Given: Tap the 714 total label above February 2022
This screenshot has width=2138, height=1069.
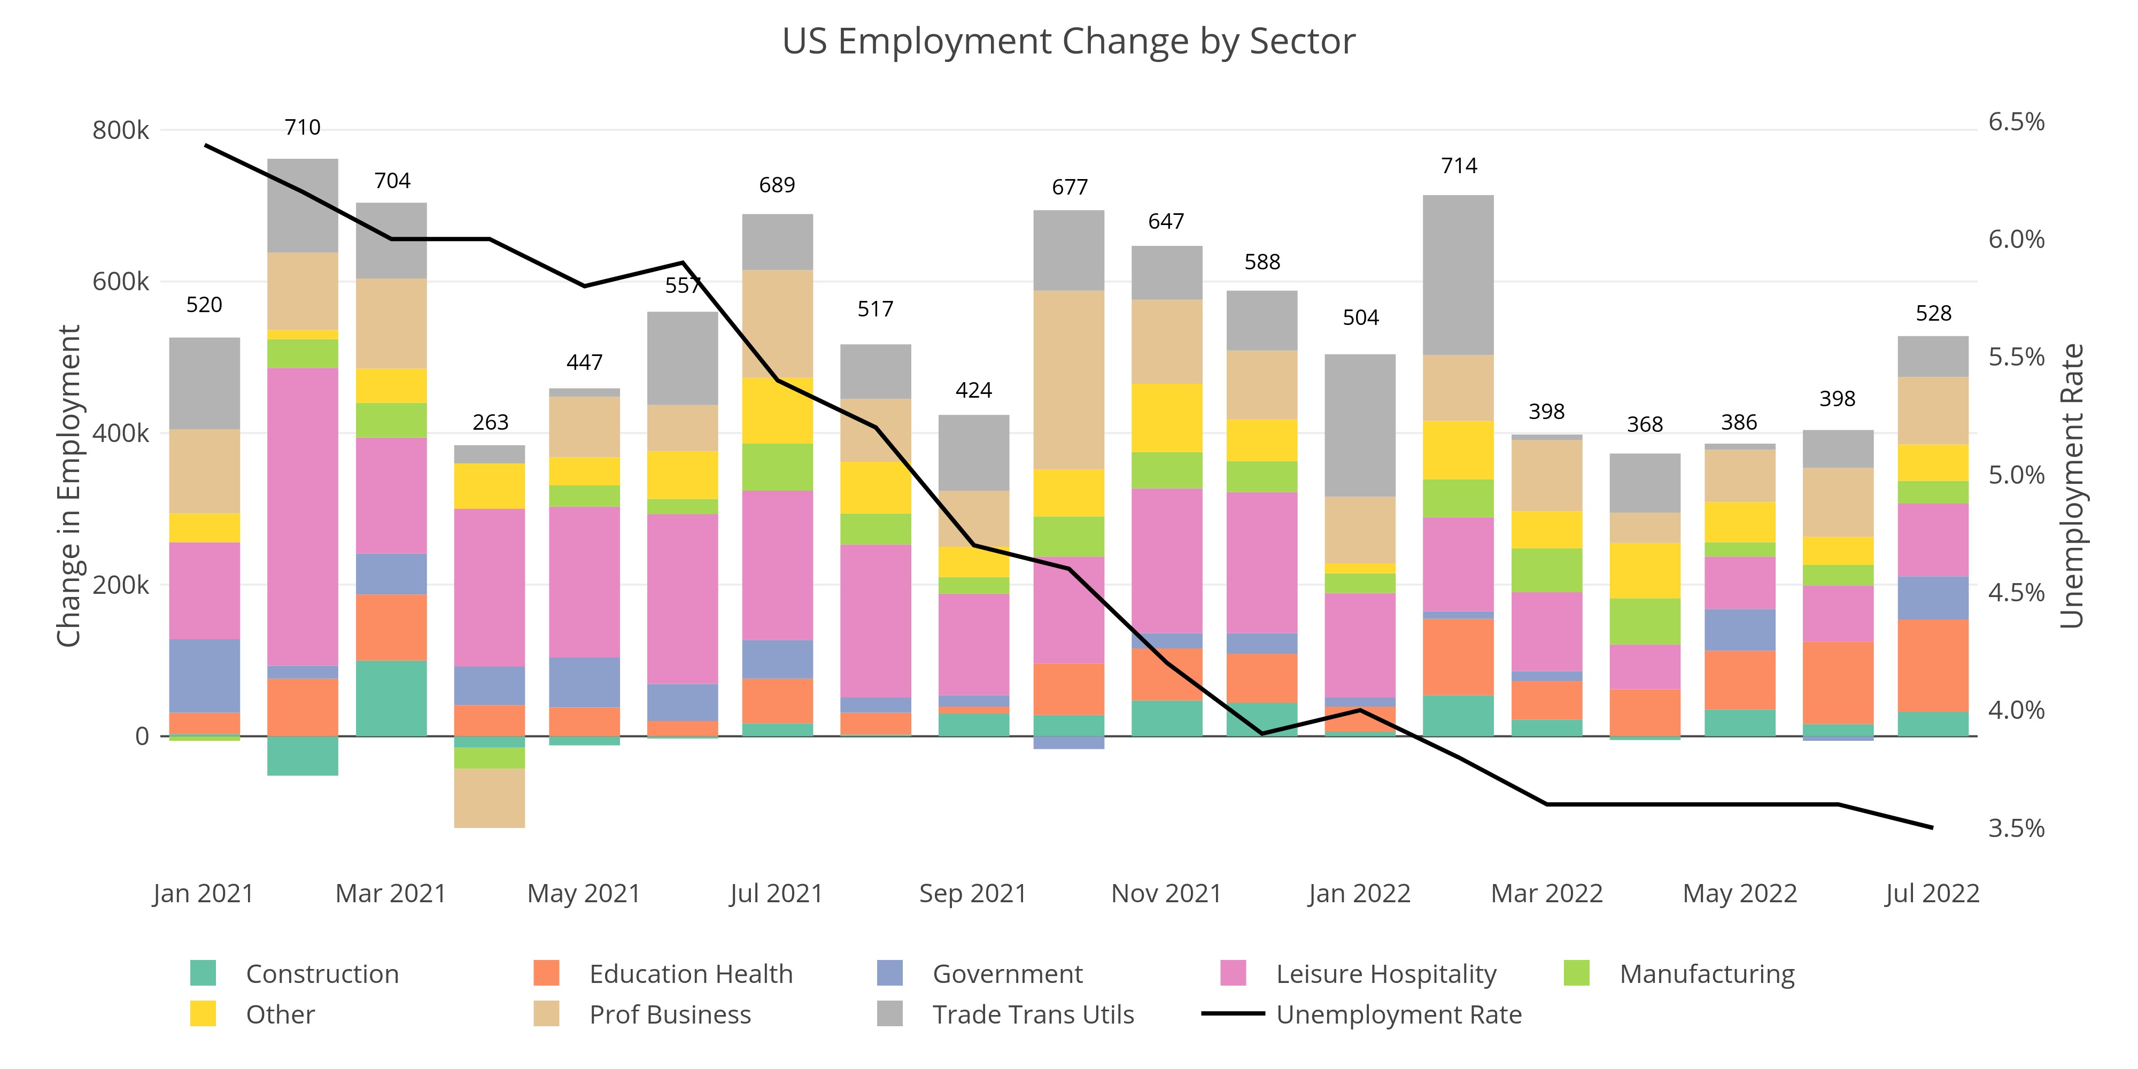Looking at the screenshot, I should click(1459, 166).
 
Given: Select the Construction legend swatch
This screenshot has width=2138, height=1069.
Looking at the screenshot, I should click(203, 973).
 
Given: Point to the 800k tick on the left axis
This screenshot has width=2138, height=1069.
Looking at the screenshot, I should click(120, 130).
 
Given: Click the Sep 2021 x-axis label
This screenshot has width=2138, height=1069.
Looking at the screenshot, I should click(973, 893).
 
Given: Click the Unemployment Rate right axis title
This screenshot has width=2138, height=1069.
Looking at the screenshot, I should click(2072, 485).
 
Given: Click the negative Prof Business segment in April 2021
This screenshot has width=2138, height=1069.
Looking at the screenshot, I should click(490, 797).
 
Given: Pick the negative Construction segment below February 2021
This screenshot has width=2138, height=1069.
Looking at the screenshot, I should click(303, 756).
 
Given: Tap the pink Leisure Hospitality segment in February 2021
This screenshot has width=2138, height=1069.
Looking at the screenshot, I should click(303, 516).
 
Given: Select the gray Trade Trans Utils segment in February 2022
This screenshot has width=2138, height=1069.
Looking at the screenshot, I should click(1458, 275).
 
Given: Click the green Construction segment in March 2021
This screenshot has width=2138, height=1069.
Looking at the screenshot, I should click(392, 698).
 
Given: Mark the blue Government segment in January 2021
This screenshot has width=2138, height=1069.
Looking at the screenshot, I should click(205, 676).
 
